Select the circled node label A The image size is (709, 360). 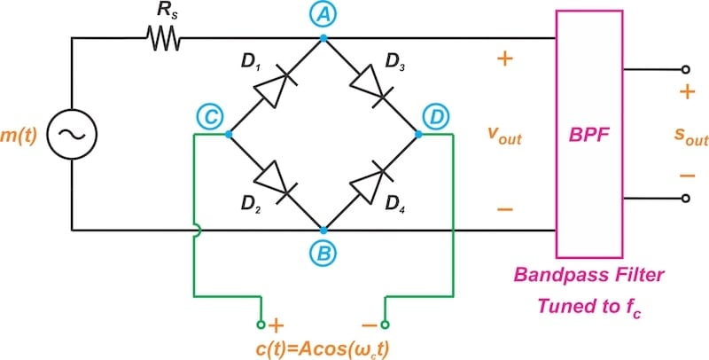pyautogui.click(x=323, y=13)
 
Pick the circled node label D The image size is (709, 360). pyautogui.click(x=435, y=115)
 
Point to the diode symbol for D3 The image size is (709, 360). pyautogui.click(x=370, y=86)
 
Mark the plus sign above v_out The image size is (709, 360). pyautogui.click(x=504, y=59)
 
